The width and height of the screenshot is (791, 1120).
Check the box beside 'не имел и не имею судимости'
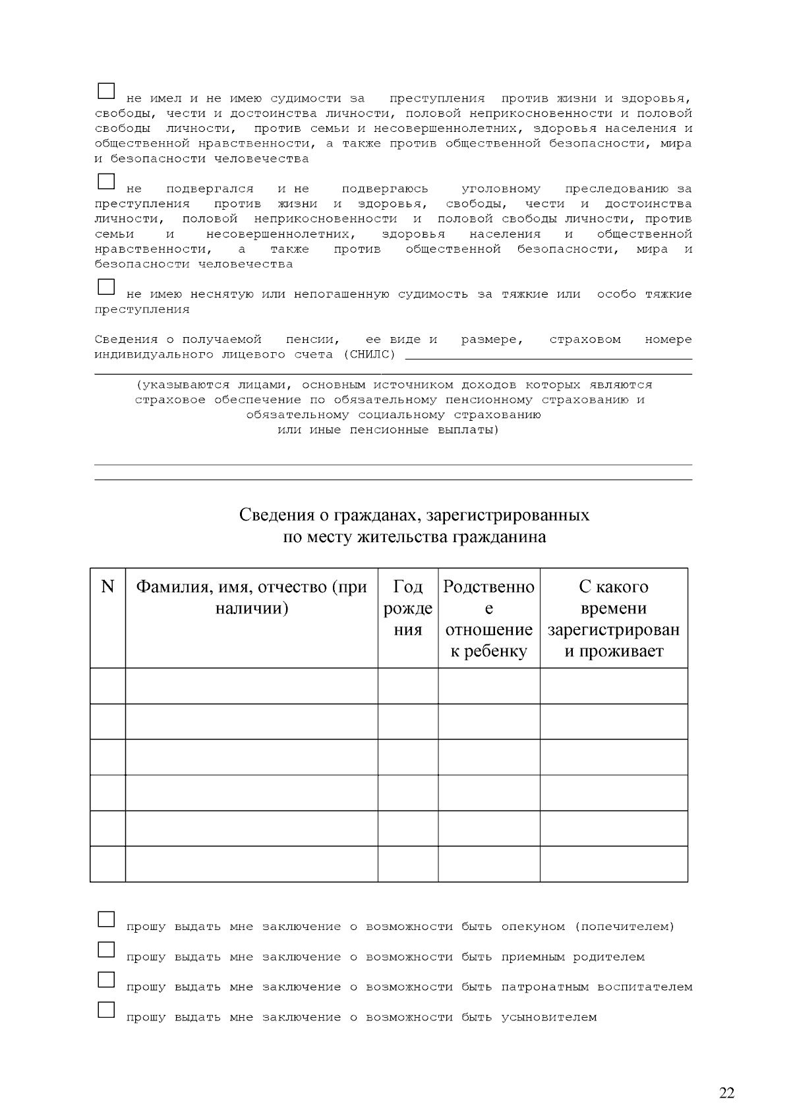point(106,90)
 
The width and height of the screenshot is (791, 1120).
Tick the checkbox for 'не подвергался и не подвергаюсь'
point(106,181)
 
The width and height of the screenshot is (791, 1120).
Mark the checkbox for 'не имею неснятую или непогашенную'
point(106,287)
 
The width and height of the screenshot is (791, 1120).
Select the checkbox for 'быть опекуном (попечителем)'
point(106,919)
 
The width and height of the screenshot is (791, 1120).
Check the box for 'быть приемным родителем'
point(106,949)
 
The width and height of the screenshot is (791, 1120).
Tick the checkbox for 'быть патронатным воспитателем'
point(106,980)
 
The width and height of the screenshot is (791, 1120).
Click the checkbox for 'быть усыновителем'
point(106,1009)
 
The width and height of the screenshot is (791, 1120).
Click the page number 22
point(726,1093)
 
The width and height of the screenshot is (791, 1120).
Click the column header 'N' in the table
point(107,586)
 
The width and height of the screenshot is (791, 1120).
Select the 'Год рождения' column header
point(408,607)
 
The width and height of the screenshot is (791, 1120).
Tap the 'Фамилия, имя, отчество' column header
point(251,597)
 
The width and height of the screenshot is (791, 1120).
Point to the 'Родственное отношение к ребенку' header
point(488,618)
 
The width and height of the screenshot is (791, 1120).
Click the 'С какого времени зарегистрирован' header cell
point(614,618)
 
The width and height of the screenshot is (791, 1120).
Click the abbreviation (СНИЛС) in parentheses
point(369,355)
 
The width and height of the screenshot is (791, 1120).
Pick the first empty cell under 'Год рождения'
point(408,686)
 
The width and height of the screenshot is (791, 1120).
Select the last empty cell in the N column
point(107,863)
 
